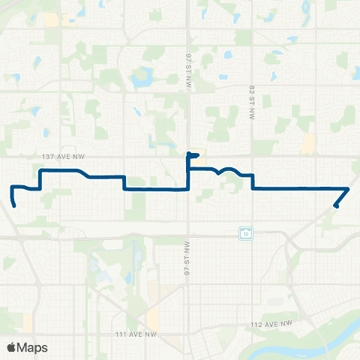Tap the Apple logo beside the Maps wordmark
(x=11, y=347)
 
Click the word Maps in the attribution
(x=32, y=347)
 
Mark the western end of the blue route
(x=15, y=205)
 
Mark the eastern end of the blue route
(x=334, y=206)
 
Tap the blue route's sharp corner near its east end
(x=349, y=188)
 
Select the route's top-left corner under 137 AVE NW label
(x=40, y=172)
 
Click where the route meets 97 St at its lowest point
(x=187, y=190)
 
